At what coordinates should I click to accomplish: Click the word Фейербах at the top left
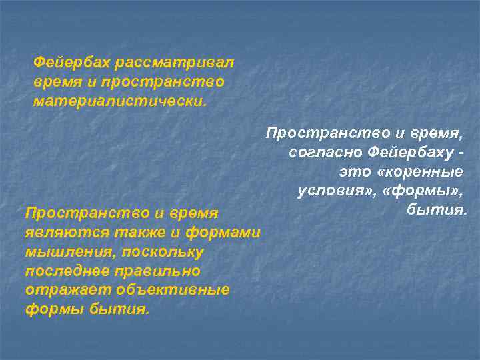[x=72, y=62]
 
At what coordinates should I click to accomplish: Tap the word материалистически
[x=120, y=102]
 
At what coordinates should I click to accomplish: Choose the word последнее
[x=67, y=271]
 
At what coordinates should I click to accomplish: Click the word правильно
[x=157, y=271]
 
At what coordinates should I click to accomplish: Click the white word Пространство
[x=316, y=134]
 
